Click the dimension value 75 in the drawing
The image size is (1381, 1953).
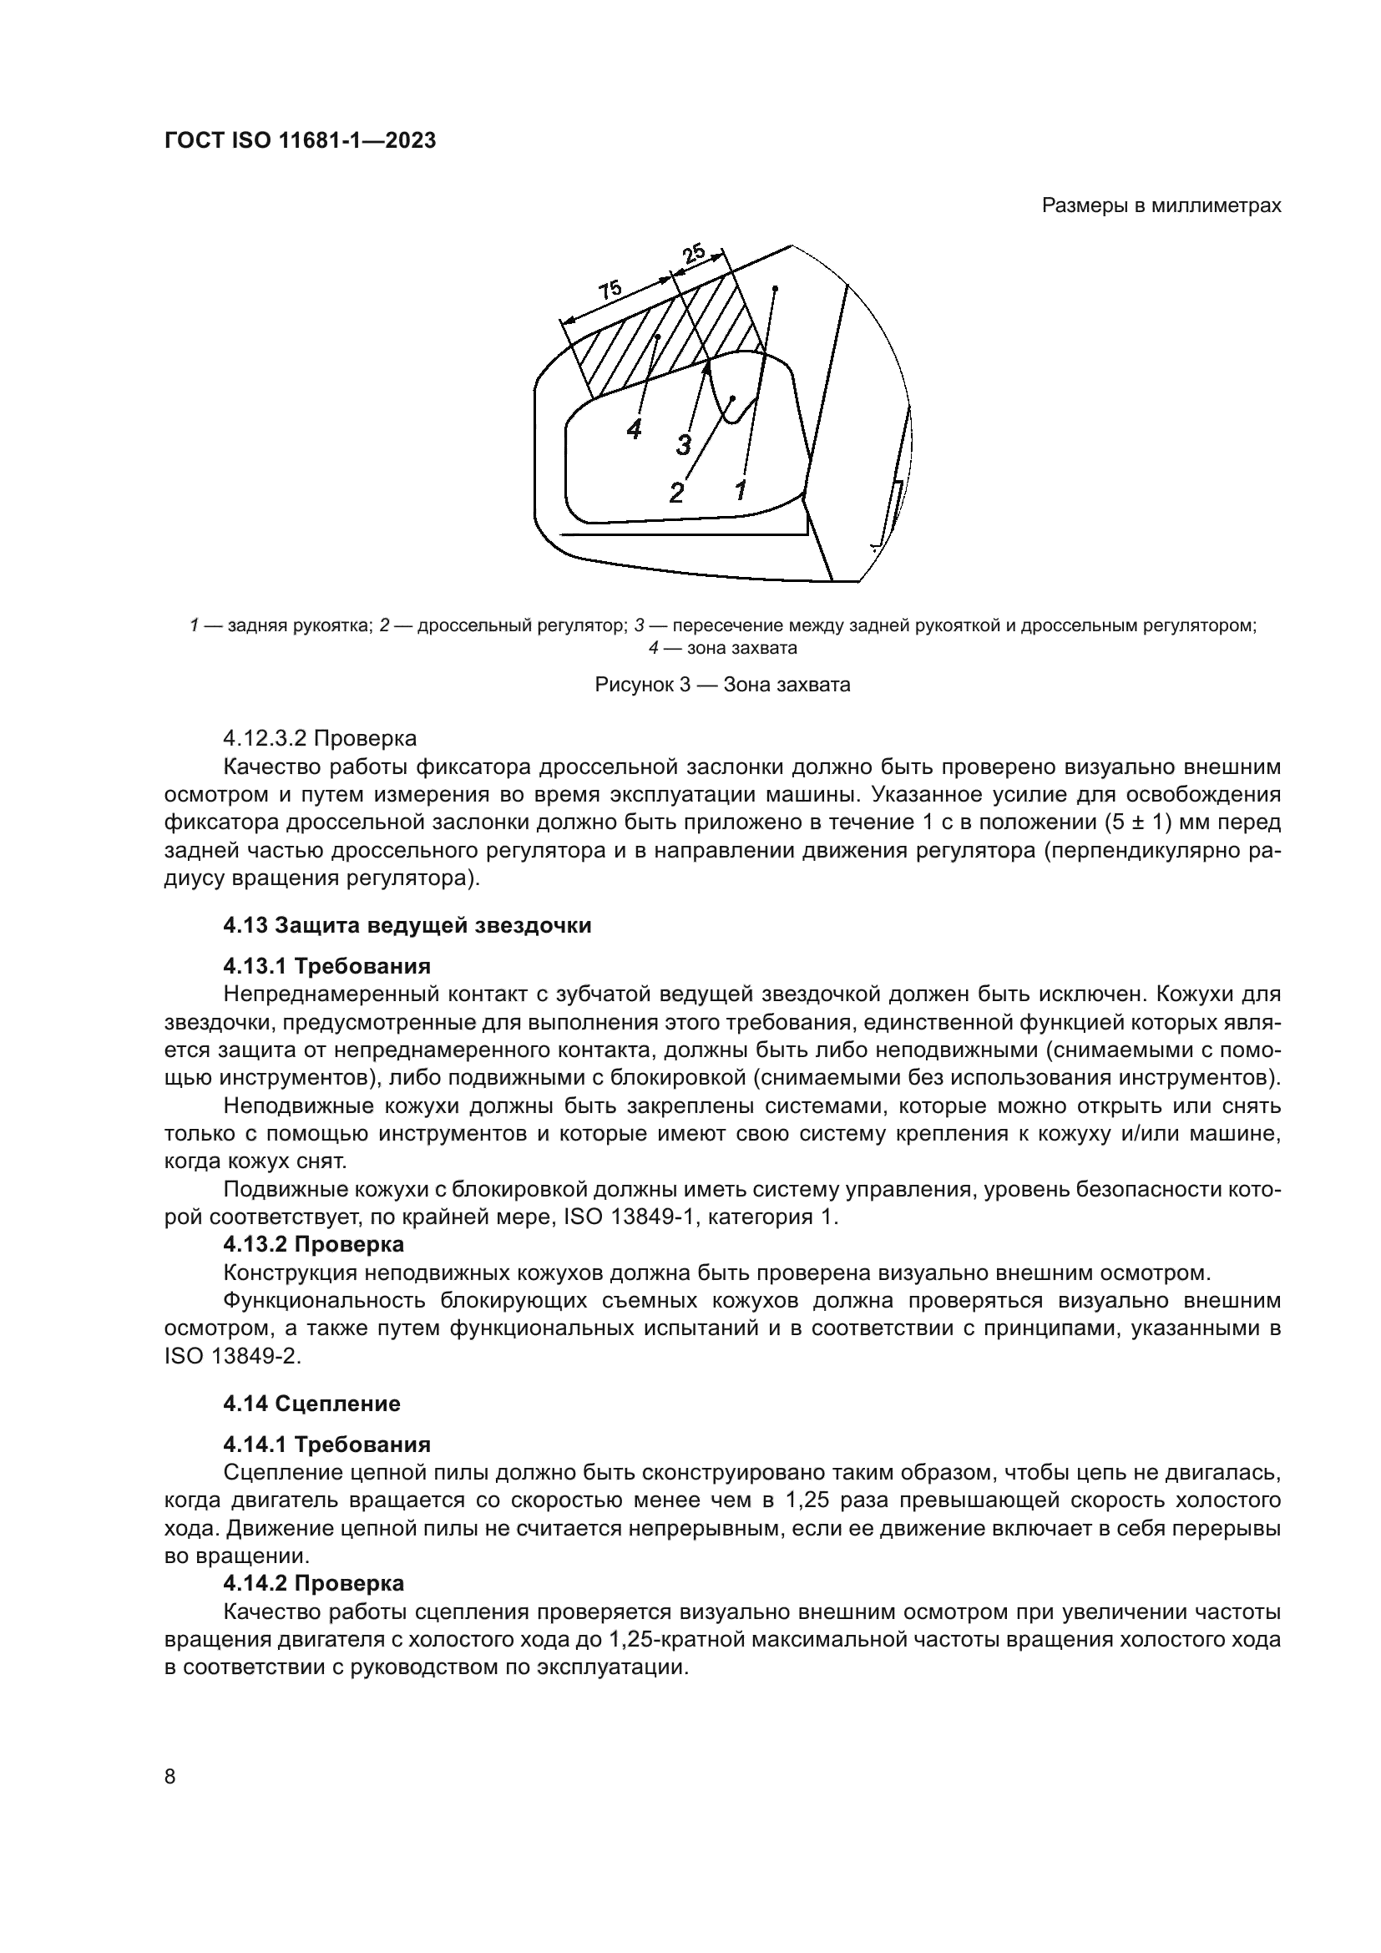610,290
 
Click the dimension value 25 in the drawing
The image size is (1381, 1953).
693,253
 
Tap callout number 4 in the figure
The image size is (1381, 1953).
634,430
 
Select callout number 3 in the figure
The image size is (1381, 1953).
683,444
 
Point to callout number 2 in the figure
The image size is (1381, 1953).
676,493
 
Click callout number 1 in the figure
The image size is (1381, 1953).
741,490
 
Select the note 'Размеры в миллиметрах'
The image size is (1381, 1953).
1161,206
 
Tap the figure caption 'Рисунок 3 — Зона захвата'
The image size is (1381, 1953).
722,685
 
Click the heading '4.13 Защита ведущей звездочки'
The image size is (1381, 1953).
407,925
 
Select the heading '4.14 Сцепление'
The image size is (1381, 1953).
311,1404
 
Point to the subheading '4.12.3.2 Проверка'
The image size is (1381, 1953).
320,736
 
